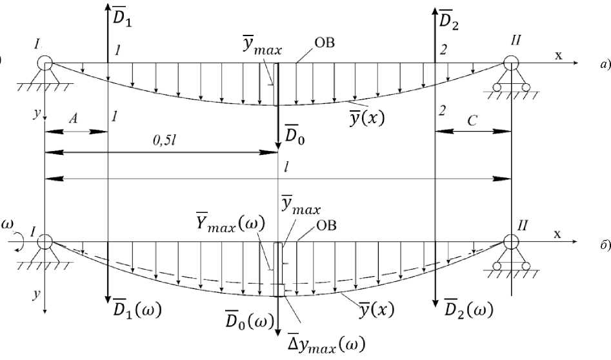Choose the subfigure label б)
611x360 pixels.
[602, 245]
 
